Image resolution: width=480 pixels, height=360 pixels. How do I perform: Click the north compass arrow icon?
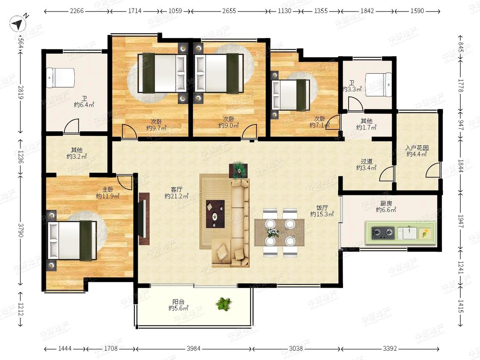(x=18, y=23)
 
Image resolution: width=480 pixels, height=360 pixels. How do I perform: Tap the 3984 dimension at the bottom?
(x=193, y=348)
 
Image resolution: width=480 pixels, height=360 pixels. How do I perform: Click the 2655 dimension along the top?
(x=229, y=11)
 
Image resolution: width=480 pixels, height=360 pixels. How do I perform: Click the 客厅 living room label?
(x=176, y=189)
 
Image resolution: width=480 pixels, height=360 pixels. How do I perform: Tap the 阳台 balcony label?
(x=178, y=302)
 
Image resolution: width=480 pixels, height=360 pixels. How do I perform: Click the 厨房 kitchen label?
(x=386, y=203)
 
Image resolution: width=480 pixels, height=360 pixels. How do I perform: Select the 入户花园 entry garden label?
(x=417, y=148)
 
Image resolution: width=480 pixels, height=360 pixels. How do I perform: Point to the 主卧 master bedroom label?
(x=108, y=189)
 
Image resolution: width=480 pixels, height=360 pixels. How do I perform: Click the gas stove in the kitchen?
(x=383, y=233)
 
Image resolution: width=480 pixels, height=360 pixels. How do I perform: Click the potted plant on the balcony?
(x=224, y=304)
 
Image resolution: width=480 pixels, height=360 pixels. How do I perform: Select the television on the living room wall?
(x=143, y=218)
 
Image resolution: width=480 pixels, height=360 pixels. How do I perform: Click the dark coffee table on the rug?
(x=215, y=214)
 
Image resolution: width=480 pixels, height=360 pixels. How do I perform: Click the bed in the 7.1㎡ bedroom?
(x=290, y=95)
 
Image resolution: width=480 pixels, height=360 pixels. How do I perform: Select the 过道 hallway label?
(x=367, y=161)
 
